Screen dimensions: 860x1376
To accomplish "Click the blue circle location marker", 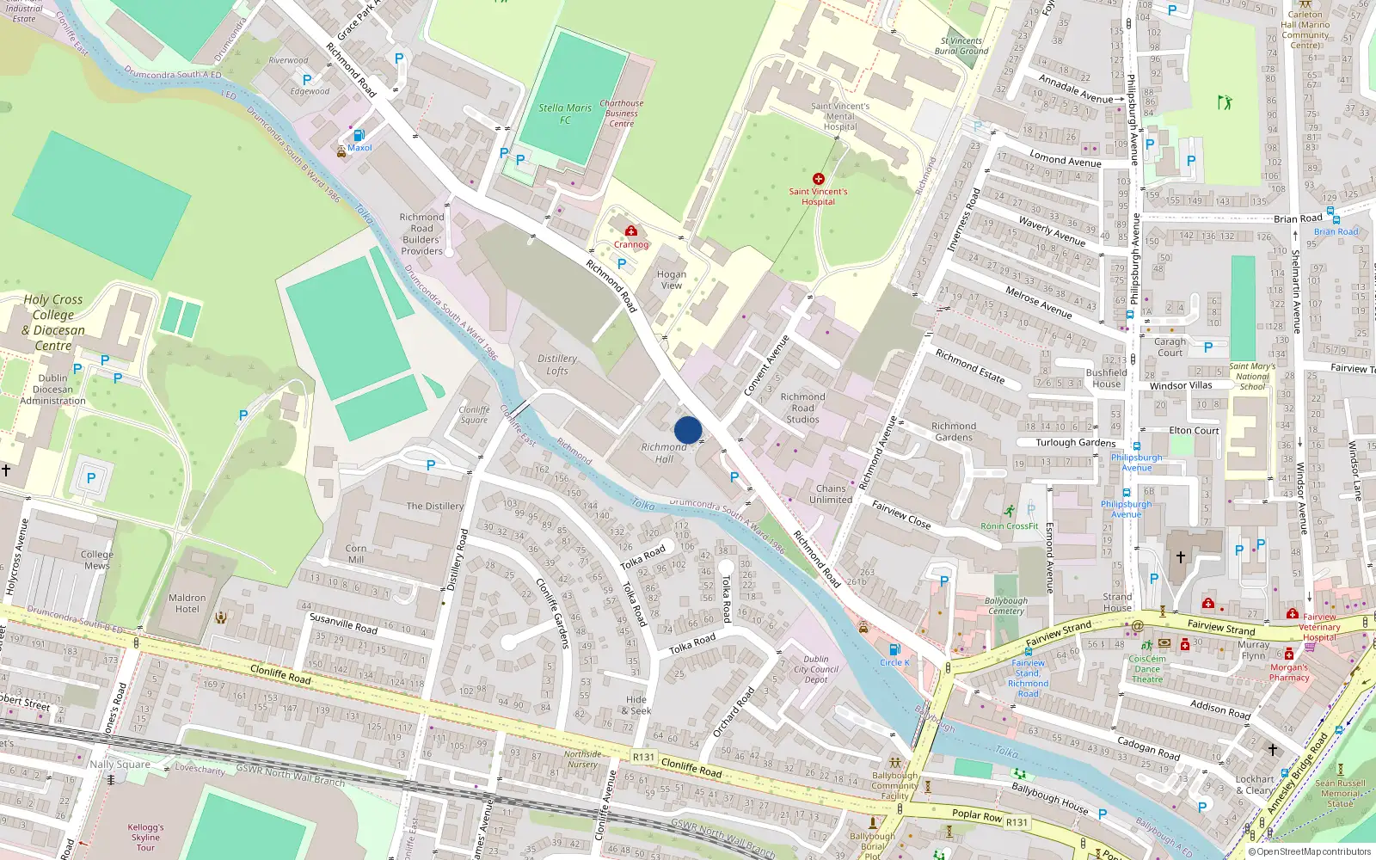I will click(x=688, y=430).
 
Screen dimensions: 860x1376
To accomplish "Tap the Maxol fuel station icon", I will click(x=359, y=135).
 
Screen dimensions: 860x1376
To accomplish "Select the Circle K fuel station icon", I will click(x=894, y=649).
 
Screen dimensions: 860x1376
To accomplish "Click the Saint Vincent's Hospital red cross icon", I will click(x=818, y=179).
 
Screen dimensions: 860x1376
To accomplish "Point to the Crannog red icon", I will click(x=631, y=231).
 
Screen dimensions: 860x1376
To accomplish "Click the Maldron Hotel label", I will click(x=187, y=603).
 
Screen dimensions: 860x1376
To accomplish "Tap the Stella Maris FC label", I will click(x=565, y=114).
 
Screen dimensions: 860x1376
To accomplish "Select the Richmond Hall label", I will click(x=664, y=452).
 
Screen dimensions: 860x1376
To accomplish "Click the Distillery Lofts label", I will click(x=557, y=365).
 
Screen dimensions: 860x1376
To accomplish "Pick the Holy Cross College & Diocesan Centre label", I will click(x=53, y=322).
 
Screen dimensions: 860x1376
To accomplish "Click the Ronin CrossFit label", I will click(x=1010, y=525).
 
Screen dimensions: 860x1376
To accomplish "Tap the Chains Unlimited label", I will click(x=831, y=494).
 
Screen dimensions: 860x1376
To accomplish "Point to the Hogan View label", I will click(x=672, y=279).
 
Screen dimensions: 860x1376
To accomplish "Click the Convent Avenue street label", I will click(x=766, y=365).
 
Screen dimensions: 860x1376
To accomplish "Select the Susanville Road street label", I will click(x=343, y=623).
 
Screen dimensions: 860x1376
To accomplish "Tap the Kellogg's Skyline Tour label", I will click(x=145, y=837).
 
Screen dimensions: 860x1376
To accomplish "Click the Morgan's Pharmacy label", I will click(x=1289, y=673).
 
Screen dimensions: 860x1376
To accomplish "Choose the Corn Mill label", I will click(x=356, y=553).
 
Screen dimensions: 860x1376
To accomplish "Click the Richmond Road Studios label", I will click(x=802, y=408).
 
